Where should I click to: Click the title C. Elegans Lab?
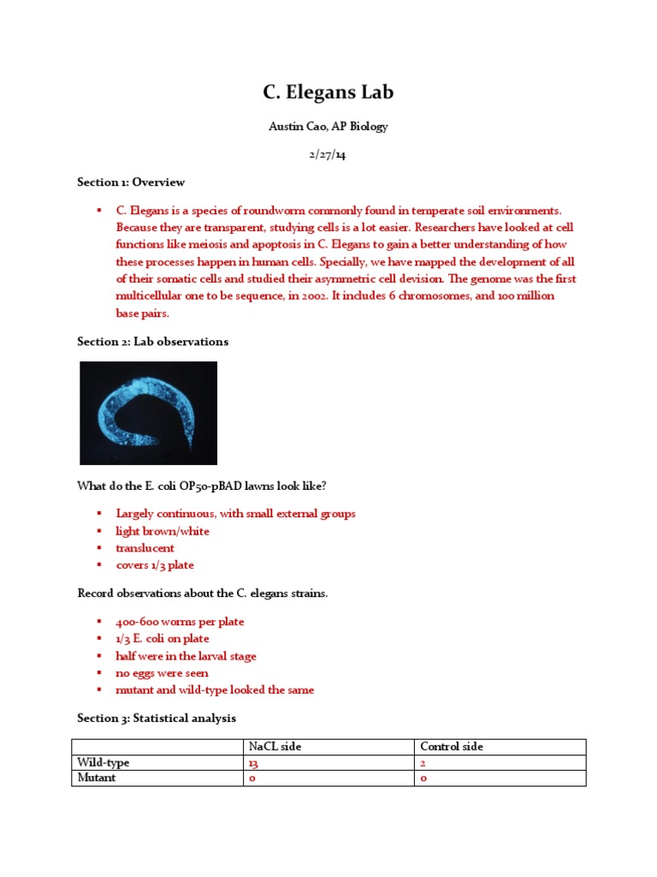point(328,92)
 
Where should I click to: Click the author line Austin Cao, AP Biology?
point(328,127)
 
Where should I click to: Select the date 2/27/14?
point(328,155)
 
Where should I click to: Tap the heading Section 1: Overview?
point(131,182)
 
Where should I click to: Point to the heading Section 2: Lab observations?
point(153,342)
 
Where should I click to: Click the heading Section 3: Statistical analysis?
point(157,718)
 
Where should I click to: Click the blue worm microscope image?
point(148,413)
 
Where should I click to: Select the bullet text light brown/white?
point(163,531)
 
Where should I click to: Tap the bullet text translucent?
point(145,548)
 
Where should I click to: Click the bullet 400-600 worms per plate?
point(180,622)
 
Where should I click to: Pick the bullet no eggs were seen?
point(163,673)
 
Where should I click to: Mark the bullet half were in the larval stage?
point(186,656)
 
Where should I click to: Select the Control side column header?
point(451,747)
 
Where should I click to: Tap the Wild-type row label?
point(104,762)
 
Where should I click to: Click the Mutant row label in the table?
point(97,779)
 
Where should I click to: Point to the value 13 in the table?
point(253,763)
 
